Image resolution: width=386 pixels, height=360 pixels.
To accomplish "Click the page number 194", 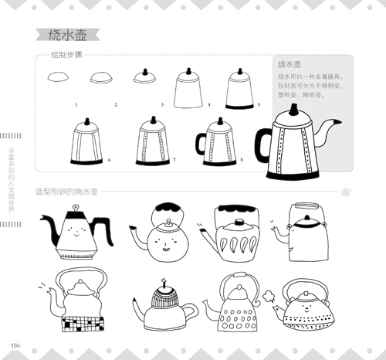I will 15,344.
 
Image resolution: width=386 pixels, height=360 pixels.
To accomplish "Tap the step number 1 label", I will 76,104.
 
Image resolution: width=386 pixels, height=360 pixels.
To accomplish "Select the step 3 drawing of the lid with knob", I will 144,76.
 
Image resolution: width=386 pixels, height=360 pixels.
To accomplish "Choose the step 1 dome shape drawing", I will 58,77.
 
